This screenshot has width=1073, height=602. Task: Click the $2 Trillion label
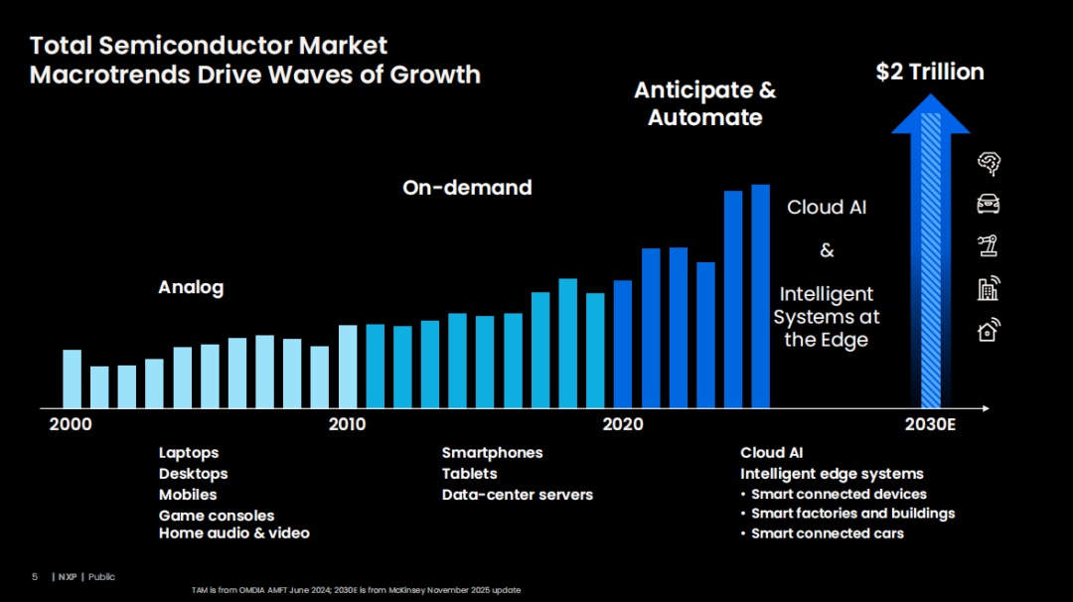pyautogui.click(x=930, y=72)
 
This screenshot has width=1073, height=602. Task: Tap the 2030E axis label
pyautogui.click(x=930, y=424)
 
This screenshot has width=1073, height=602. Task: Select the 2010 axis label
pyautogui.click(x=347, y=424)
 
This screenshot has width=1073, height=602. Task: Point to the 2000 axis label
pyautogui.click(x=71, y=424)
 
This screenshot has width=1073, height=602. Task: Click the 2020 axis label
pyautogui.click(x=623, y=424)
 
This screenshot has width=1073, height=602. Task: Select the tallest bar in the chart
pyautogui.click(x=760, y=296)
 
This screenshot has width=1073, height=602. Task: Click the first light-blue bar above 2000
pyautogui.click(x=72, y=379)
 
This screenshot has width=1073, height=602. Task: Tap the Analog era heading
pyautogui.click(x=191, y=287)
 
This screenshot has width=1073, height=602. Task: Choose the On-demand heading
pyautogui.click(x=467, y=188)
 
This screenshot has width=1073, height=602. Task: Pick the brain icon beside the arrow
pyautogui.click(x=989, y=164)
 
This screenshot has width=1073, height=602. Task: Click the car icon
pyautogui.click(x=989, y=204)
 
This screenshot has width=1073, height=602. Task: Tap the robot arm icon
pyautogui.click(x=988, y=245)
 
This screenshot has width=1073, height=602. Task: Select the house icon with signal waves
pyautogui.click(x=989, y=330)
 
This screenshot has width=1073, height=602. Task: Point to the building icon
pyautogui.click(x=989, y=289)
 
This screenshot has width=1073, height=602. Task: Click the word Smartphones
pyautogui.click(x=492, y=453)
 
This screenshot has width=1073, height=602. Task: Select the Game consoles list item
pyautogui.click(x=217, y=516)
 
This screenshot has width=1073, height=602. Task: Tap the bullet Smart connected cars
pyautogui.click(x=828, y=533)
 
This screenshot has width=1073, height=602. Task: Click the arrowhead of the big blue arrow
pyautogui.click(x=931, y=113)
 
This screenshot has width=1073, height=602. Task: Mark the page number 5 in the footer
pyautogui.click(x=35, y=577)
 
